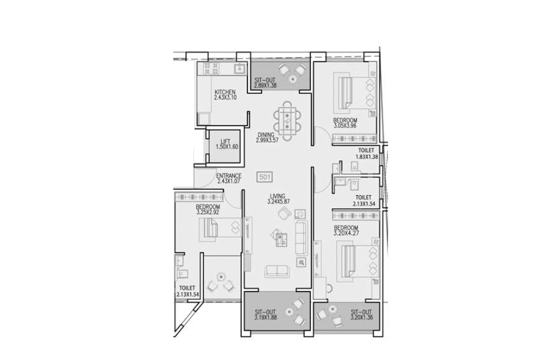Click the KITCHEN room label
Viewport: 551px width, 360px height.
[225, 92]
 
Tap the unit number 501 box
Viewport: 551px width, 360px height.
[265, 177]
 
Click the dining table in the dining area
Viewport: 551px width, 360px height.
[288, 120]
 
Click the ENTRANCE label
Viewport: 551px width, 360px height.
[229, 176]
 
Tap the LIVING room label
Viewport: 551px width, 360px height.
[278, 196]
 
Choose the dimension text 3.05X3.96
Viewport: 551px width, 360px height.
[345, 126]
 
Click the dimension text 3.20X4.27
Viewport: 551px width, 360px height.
[346, 233]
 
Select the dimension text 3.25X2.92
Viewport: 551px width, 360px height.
[208, 212]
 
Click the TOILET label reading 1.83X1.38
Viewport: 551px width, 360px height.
[367, 154]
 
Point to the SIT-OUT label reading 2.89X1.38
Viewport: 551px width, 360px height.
[265, 83]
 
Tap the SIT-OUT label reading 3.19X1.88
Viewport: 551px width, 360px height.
[265, 314]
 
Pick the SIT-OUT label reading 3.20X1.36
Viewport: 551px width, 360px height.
[361, 314]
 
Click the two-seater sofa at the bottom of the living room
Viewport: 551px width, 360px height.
[278, 271]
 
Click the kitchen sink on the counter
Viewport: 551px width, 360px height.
[240, 68]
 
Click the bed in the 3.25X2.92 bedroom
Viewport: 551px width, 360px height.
[221, 229]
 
